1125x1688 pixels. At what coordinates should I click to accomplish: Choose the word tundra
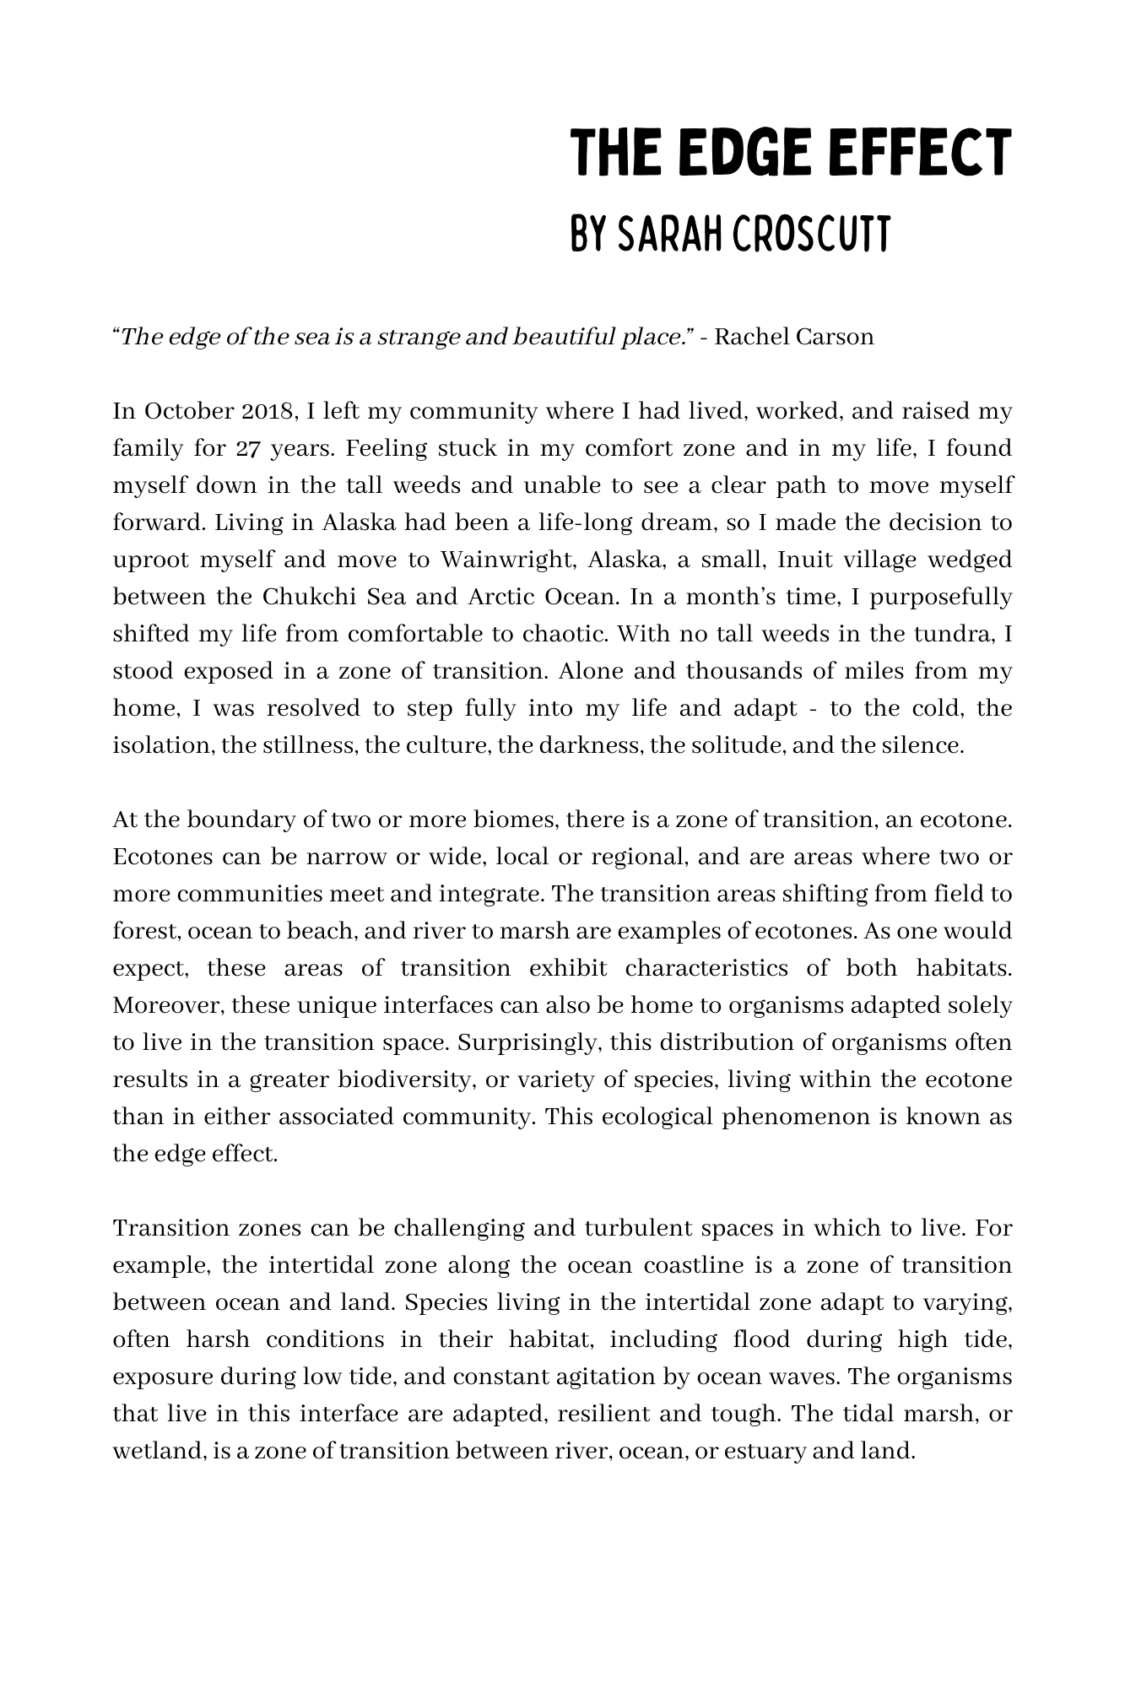[x=961, y=635]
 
